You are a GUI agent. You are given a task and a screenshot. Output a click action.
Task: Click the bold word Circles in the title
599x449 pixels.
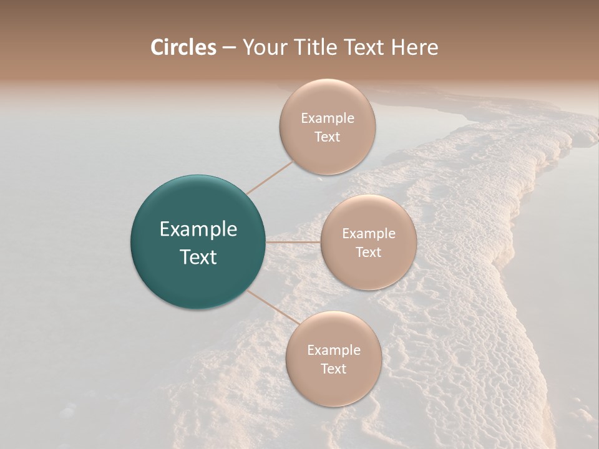pyautogui.click(x=183, y=47)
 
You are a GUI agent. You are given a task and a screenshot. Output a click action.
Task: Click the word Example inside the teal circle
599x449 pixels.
pyautogui.click(x=198, y=229)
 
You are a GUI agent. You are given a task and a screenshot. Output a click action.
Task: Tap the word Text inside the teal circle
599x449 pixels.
pyautogui.click(x=198, y=256)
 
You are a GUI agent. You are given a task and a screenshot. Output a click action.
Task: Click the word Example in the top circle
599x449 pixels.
pyautogui.click(x=327, y=118)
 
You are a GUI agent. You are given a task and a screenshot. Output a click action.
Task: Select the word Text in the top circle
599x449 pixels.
pyautogui.click(x=327, y=137)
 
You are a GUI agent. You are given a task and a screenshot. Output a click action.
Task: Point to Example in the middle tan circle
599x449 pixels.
pyautogui.click(x=368, y=234)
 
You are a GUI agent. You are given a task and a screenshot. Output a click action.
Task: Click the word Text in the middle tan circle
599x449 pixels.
pyautogui.click(x=368, y=252)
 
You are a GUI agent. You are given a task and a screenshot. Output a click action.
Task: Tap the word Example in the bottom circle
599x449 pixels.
pyautogui.click(x=333, y=350)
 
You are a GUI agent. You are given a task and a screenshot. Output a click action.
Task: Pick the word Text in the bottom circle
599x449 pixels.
pyautogui.click(x=333, y=369)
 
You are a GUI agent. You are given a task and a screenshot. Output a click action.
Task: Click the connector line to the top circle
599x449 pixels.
pyautogui.click(x=270, y=177)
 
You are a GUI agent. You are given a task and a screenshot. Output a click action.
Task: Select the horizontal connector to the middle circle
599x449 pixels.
pyautogui.click(x=293, y=242)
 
